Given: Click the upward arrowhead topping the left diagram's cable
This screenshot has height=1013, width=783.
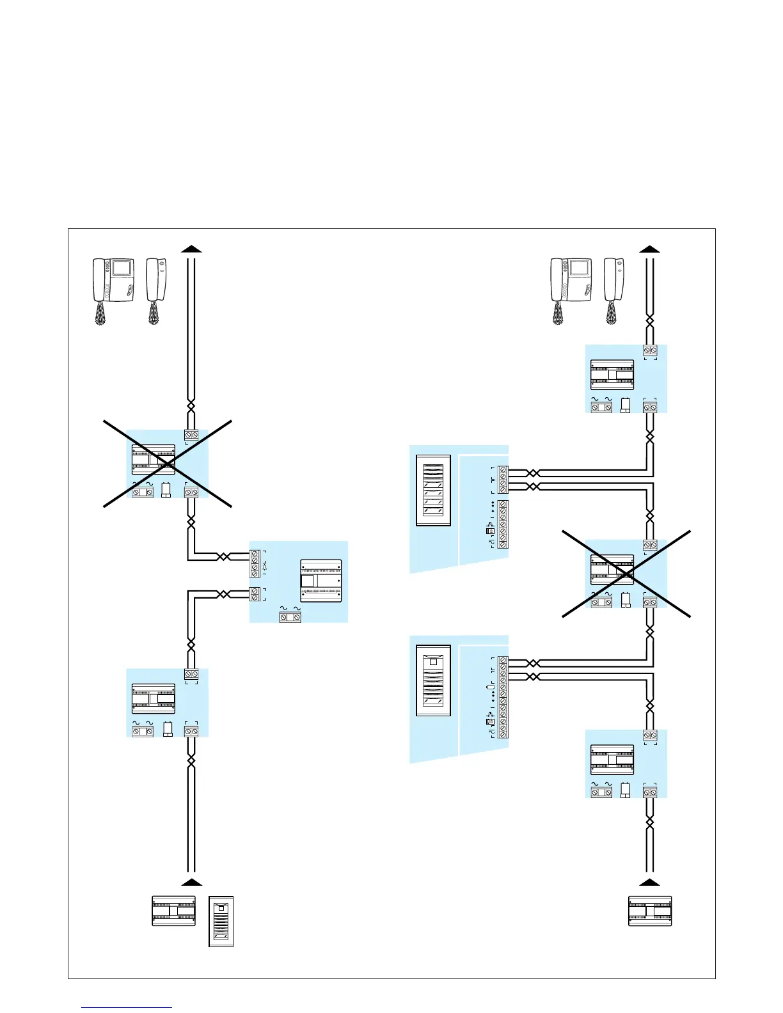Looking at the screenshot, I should pyautogui.click(x=191, y=248).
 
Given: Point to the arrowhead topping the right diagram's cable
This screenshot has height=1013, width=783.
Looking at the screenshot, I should pyautogui.click(x=650, y=248).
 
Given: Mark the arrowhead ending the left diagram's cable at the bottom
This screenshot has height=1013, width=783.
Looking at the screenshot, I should pyautogui.click(x=191, y=882).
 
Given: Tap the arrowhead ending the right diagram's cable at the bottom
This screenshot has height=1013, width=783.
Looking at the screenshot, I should pyautogui.click(x=650, y=882).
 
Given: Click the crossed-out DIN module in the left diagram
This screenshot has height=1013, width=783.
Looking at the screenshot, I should pyautogui.click(x=154, y=459).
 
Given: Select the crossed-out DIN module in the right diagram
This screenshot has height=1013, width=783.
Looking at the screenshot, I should pyautogui.click(x=612, y=569).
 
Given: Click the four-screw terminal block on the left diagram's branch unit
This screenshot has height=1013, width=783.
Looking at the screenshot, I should pyautogui.click(x=255, y=563).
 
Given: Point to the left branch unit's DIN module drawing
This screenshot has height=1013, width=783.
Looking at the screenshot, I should pyautogui.click(x=320, y=581).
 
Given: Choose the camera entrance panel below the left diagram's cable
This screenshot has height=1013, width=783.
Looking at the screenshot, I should pyautogui.click(x=221, y=921).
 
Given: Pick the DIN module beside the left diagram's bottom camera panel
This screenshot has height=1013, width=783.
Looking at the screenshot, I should pyautogui.click(x=173, y=911).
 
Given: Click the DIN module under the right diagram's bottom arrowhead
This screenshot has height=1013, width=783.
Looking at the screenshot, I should pyautogui.click(x=650, y=911).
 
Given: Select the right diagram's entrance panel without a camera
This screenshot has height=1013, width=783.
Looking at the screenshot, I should pyautogui.click(x=433, y=490).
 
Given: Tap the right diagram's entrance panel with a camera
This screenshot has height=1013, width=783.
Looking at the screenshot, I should pyautogui.click(x=433, y=680).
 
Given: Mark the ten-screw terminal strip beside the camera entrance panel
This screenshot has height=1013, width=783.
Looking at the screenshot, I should pyautogui.click(x=503, y=697).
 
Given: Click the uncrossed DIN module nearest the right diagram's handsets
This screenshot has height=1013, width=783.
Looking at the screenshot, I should pyautogui.click(x=612, y=375).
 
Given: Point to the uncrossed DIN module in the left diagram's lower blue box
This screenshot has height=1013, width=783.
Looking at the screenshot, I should pyautogui.click(x=154, y=698).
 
